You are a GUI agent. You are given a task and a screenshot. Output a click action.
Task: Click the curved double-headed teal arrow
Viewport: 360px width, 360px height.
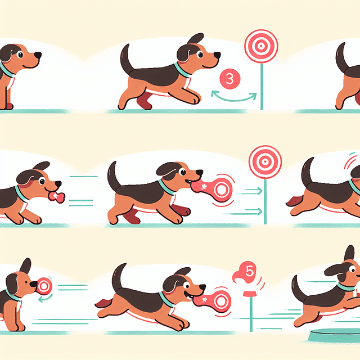coord(233,96)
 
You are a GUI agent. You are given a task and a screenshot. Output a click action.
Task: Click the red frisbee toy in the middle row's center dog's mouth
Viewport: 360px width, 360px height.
coord(213,190)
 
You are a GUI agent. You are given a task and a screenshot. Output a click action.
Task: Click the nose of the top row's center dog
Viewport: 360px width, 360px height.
coord(217,55)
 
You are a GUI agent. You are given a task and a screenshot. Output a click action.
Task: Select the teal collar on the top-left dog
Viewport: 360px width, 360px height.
coord(7,70)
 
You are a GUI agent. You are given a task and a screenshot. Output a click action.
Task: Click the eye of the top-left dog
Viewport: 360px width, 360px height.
coord(20,54)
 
